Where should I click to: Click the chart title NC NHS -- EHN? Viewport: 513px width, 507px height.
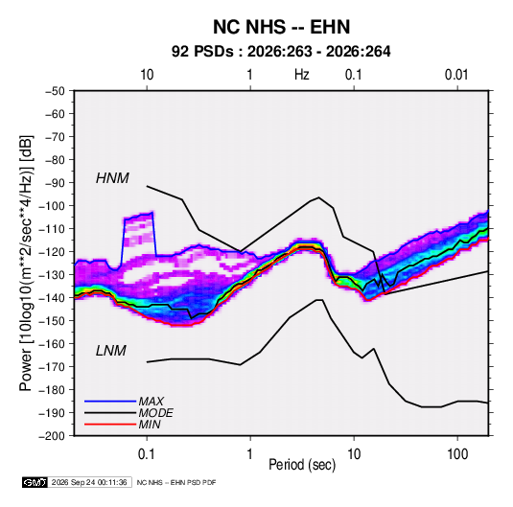[x=281, y=27]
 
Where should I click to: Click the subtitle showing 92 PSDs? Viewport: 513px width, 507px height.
[x=281, y=52]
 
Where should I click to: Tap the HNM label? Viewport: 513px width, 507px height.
[x=112, y=178]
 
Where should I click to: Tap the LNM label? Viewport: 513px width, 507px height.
[x=111, y=351]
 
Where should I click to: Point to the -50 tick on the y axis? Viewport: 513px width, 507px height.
[x=55, y=91]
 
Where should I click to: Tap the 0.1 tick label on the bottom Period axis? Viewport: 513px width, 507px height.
[x=147, y=454]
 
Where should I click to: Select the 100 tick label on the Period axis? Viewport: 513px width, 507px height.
[x=457, y=454]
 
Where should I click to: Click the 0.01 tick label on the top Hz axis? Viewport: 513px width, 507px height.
[x=456, y=75]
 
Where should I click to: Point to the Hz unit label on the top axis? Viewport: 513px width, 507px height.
[x=302, y=75]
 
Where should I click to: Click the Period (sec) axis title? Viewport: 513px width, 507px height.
[x=302, y=465]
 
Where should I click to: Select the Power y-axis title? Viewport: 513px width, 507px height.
[x=26, y=264]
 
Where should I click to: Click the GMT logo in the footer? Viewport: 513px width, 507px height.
[x=35, y=482]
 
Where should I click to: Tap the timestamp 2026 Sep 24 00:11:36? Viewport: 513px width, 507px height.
[x=89, y=482]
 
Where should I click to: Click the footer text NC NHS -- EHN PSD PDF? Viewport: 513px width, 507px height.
[x=176, y=482]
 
